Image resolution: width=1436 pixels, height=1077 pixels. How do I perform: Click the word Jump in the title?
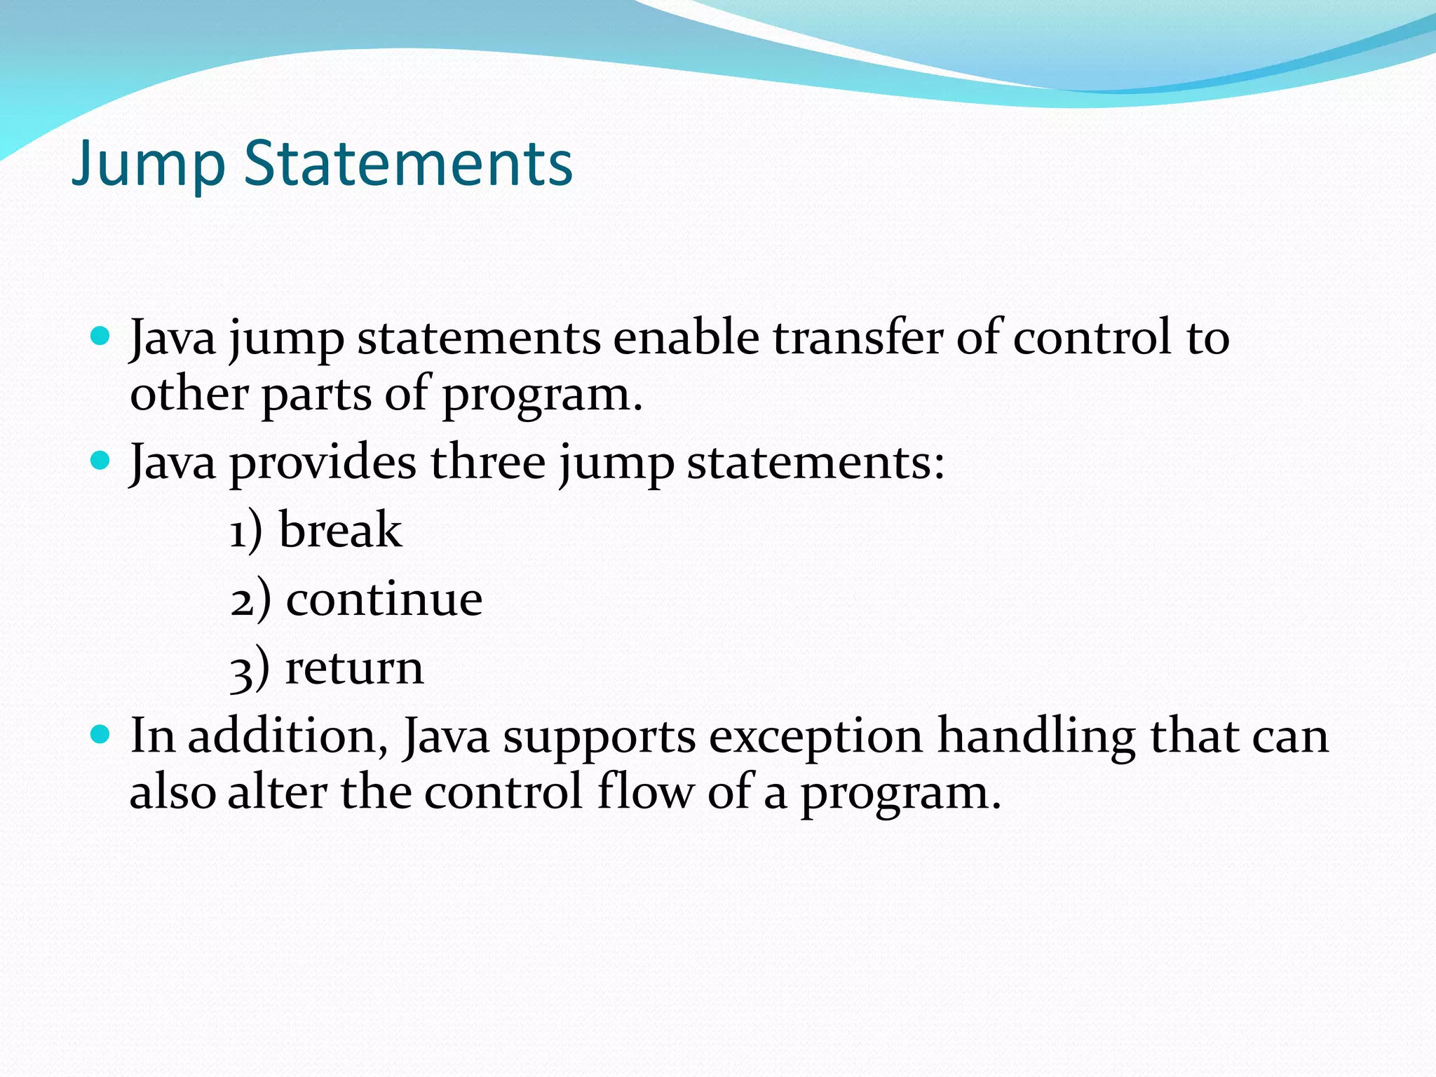coord(148,165)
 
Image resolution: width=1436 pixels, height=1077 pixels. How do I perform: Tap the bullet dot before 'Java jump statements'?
coord(101,336)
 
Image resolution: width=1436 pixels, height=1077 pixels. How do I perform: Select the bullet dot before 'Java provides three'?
coord(101,461)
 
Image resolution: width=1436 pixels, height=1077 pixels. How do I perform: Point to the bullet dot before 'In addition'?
coord(101,734)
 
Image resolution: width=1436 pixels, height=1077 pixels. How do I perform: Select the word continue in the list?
coord(384,599)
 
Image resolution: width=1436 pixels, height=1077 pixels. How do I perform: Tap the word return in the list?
coord(354,668)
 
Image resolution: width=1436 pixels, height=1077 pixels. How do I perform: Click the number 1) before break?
coord(246,531)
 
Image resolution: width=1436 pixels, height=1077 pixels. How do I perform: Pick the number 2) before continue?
coord(250,600)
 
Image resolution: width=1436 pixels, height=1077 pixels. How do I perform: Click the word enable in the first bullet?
coord(686,338)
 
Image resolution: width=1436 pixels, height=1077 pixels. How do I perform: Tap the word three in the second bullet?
coord(488,463)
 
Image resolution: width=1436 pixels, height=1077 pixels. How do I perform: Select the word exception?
coord(815,738)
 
